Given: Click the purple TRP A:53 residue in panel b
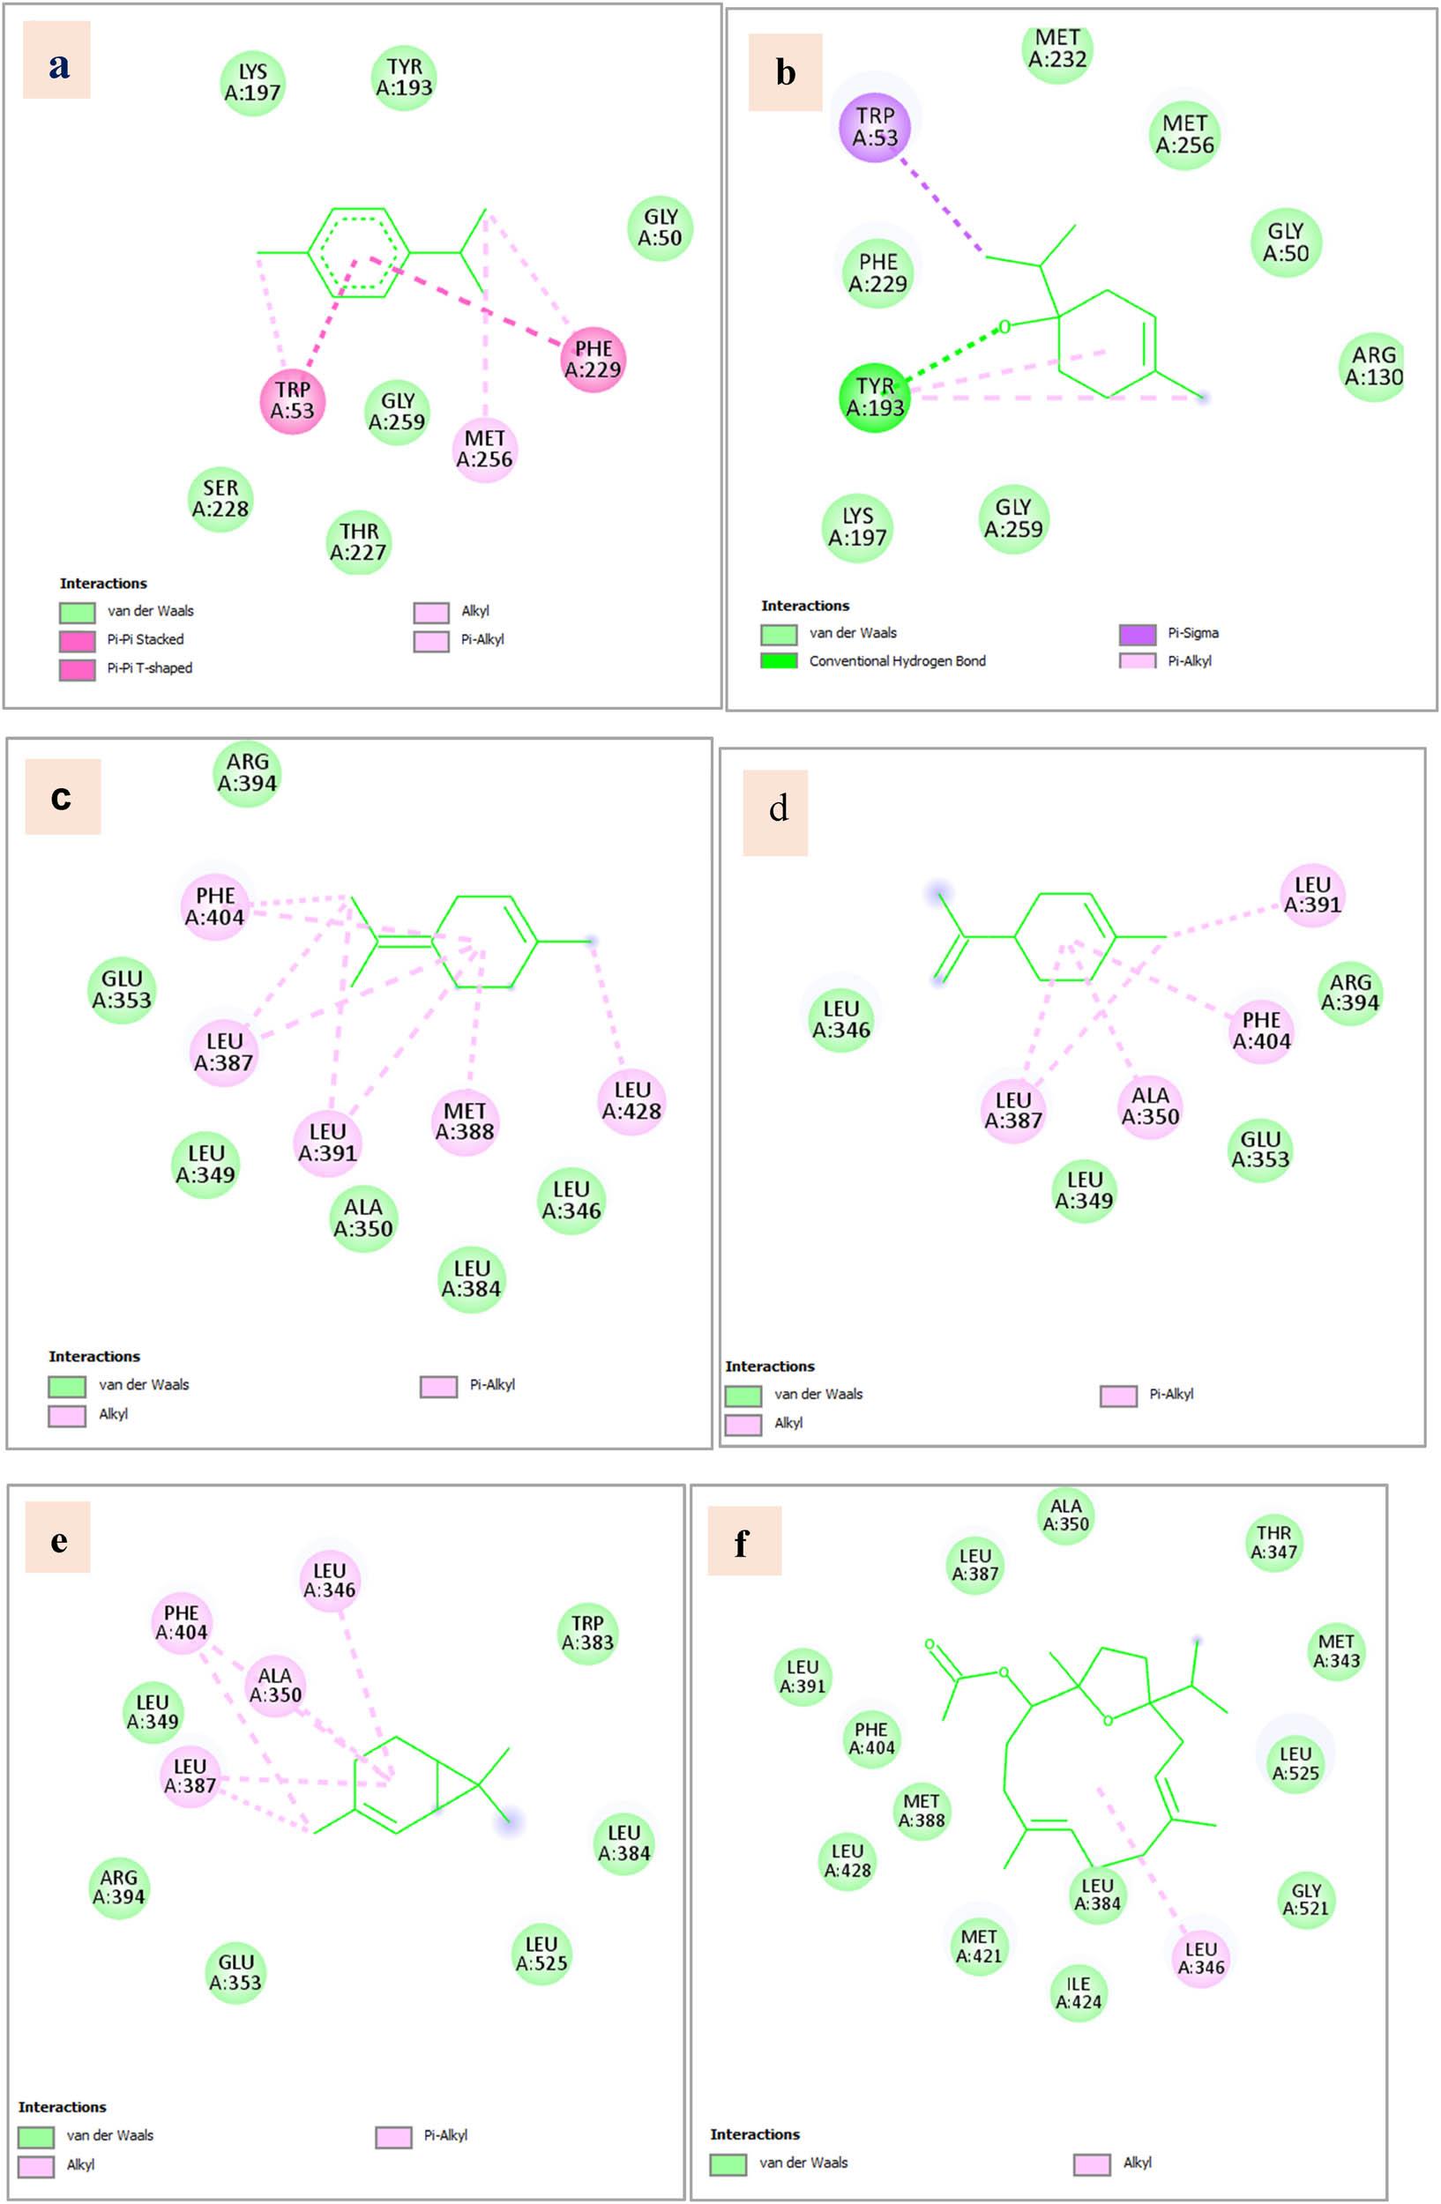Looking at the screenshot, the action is point(874,127).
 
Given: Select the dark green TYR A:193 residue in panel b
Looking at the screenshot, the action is point(874,398).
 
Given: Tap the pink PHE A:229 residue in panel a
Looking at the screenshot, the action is point(593,360).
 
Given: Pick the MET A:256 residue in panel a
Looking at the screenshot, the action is point(484,449).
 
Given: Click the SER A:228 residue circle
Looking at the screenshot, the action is point(220,499).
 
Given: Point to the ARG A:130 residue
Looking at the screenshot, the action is point(1372,367).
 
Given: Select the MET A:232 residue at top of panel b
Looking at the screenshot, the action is point(1056,48).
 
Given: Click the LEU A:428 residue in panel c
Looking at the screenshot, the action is point(631,1101).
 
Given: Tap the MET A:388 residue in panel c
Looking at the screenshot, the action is point(464,1121).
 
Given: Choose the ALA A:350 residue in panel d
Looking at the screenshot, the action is point(1149,1106).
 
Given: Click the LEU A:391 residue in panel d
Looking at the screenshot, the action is point(1311,896).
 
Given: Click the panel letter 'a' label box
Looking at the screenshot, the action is point(56,60).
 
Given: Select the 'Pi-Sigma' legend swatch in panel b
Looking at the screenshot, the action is point(1138,635).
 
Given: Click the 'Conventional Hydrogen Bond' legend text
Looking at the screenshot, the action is point(898,661).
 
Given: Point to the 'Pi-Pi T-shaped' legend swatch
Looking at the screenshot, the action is point(77,669).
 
